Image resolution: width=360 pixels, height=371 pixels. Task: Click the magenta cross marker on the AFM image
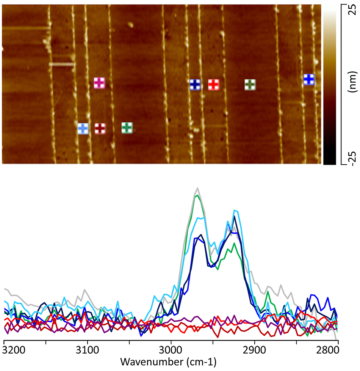99,83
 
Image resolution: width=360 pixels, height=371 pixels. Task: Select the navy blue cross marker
195,85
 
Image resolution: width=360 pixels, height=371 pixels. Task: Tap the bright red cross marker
214,85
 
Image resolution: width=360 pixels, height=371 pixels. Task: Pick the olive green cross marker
250,85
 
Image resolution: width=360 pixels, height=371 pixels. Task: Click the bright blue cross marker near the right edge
309,79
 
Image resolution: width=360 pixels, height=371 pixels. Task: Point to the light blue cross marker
83,129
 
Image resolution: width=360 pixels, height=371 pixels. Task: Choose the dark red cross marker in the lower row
100,128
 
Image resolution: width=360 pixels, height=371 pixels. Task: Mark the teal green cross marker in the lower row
127,127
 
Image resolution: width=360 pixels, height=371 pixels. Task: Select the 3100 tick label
87,349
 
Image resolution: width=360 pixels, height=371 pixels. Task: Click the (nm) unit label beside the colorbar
352,83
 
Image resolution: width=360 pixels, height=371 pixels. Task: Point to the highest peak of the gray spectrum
197,188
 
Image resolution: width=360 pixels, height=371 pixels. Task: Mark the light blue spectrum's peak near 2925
235,210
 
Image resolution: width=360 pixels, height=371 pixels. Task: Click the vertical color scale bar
329,85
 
